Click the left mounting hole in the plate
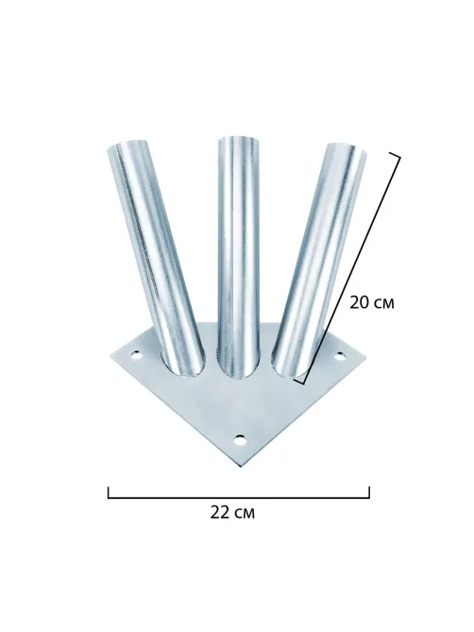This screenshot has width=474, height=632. (136, 355)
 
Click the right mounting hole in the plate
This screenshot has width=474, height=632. (340, 356)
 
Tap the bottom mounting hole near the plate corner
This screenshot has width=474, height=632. (240, 439)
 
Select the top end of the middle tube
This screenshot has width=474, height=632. (238, 139)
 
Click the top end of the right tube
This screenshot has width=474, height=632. (347, 147)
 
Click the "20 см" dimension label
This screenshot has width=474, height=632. (371, 302)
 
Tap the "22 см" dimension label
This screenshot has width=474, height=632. (232, 513)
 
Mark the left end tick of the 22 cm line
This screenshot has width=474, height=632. (109, 492)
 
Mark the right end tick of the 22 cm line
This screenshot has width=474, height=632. (369, 492)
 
